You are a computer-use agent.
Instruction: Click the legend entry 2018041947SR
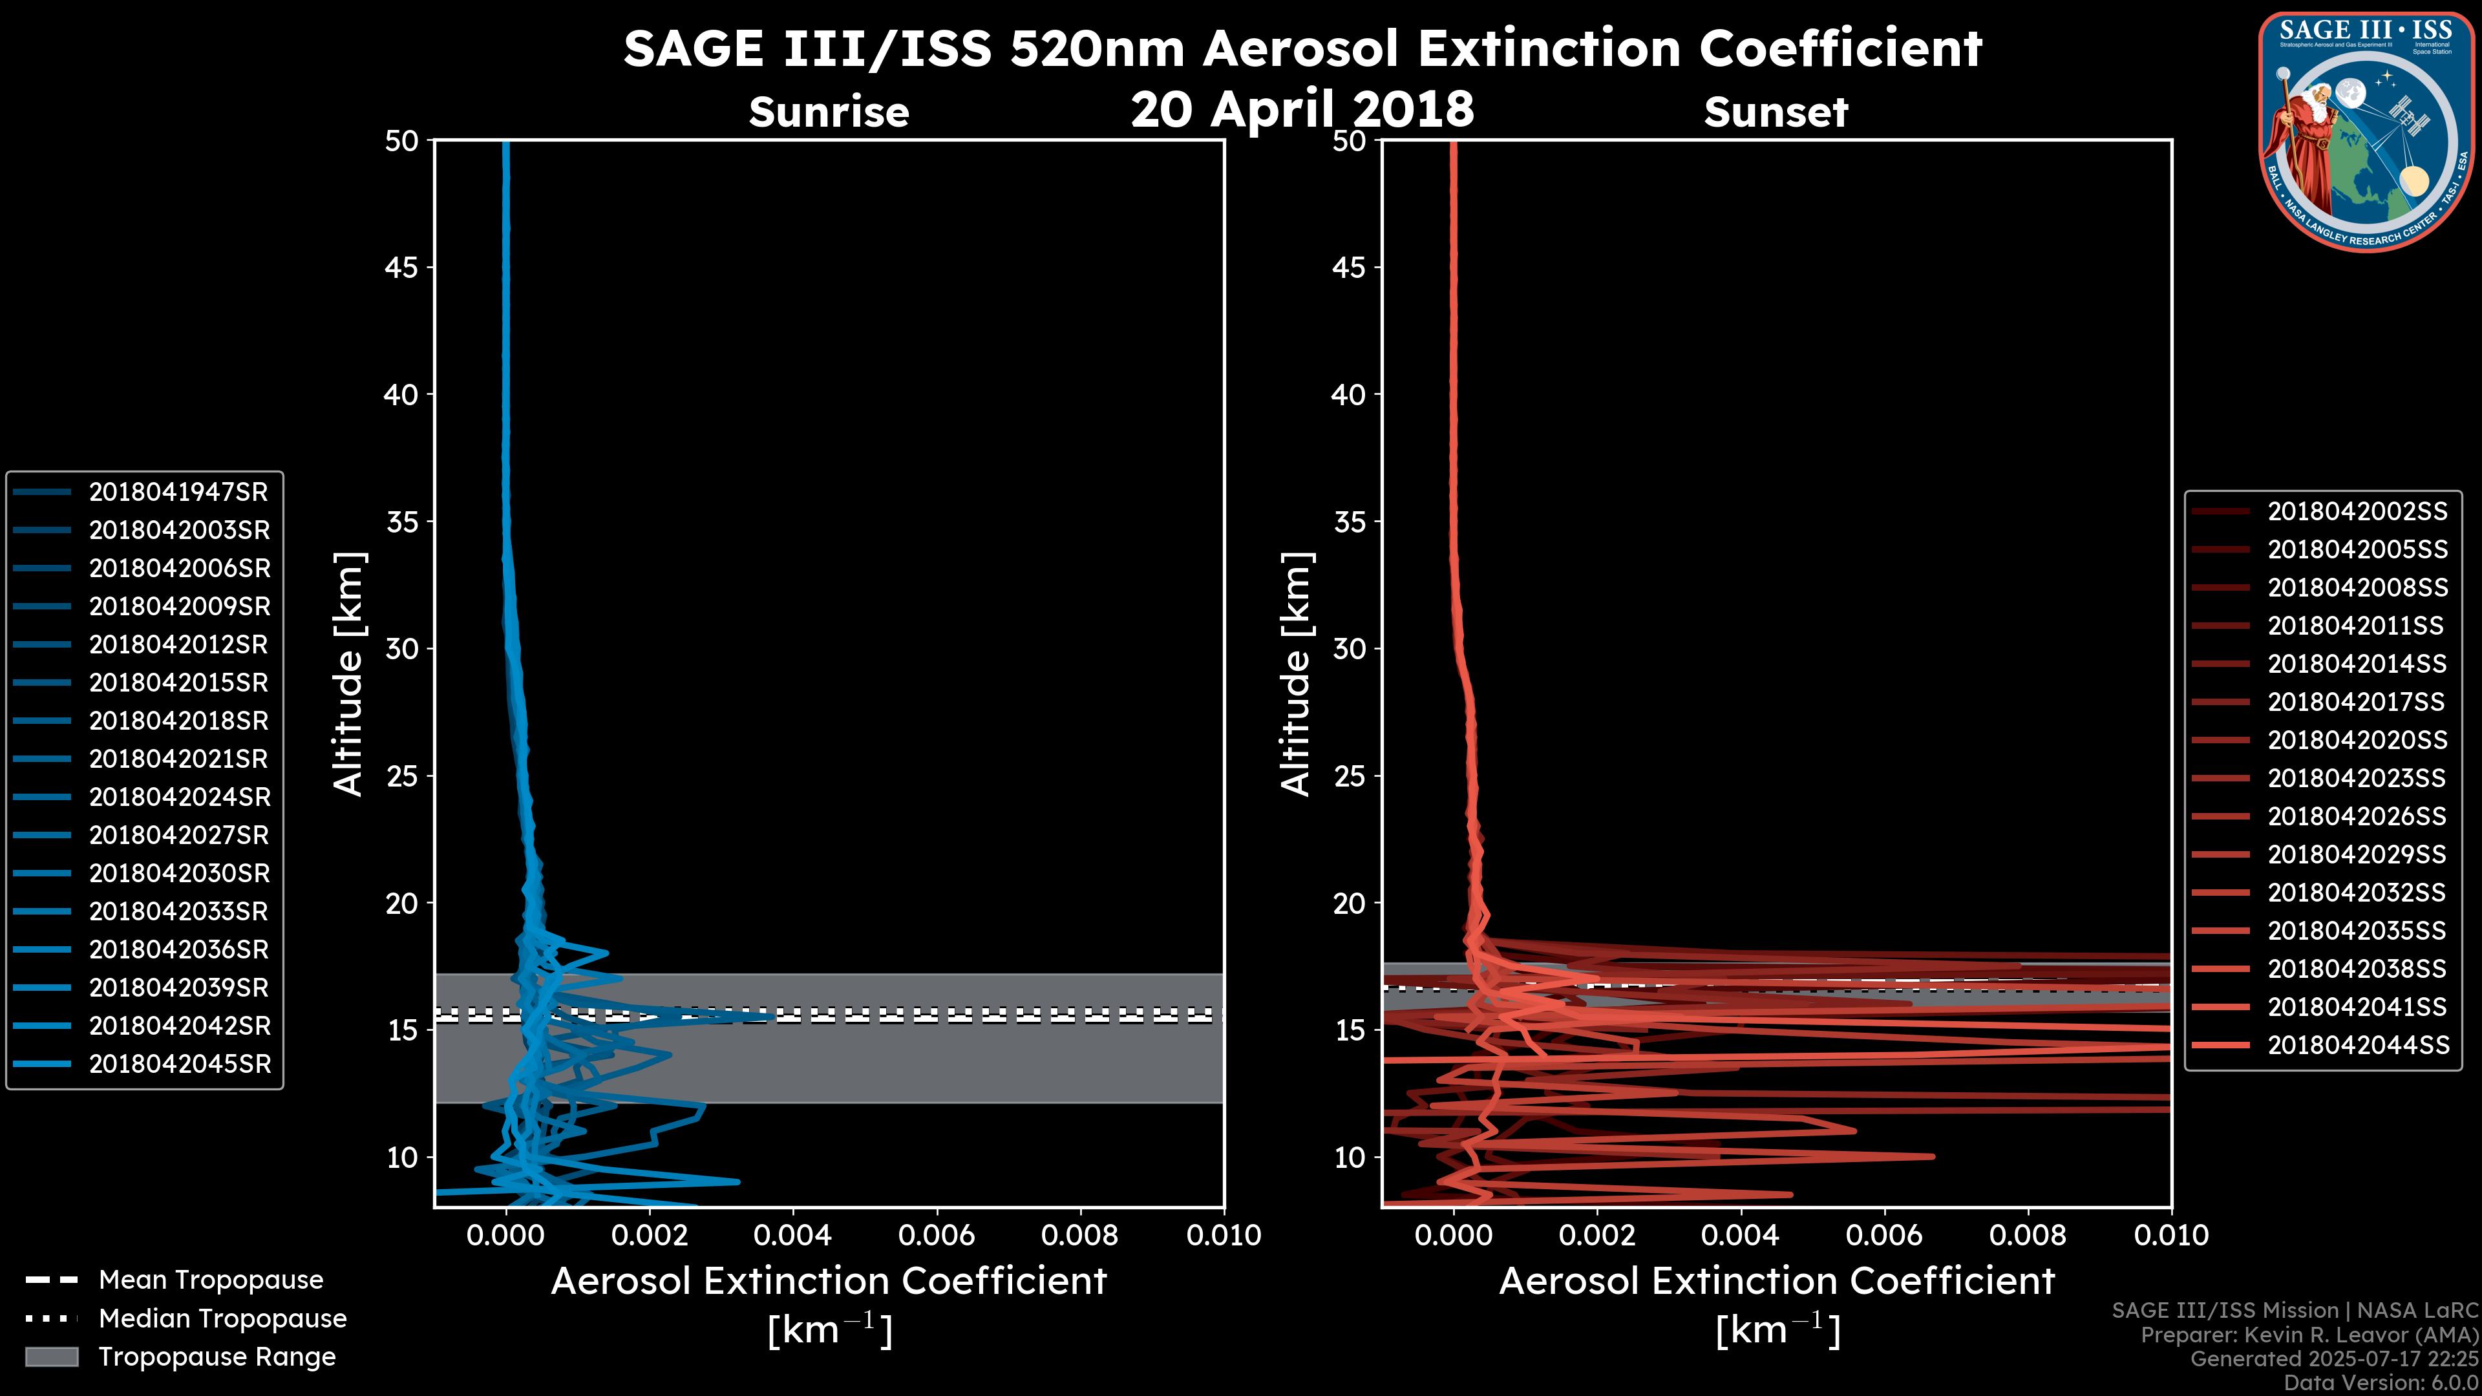pos(178,492)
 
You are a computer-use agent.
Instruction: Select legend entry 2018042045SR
pos(180,1064)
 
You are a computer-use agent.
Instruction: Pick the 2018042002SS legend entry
pos(2357,512)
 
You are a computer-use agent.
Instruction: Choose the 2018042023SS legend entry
pos(2356,778)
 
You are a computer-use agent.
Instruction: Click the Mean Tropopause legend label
pos(211,1280)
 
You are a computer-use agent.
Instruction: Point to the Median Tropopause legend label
pos(222,1319)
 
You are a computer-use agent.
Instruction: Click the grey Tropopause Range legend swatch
pos(51,1357)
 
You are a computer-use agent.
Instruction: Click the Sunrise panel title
pos(829,112)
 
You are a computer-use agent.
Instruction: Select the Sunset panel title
pos(1776,112)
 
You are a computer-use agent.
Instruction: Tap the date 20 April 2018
pos(1302,109)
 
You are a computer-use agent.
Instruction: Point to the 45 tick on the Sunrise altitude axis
pos(402,268)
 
